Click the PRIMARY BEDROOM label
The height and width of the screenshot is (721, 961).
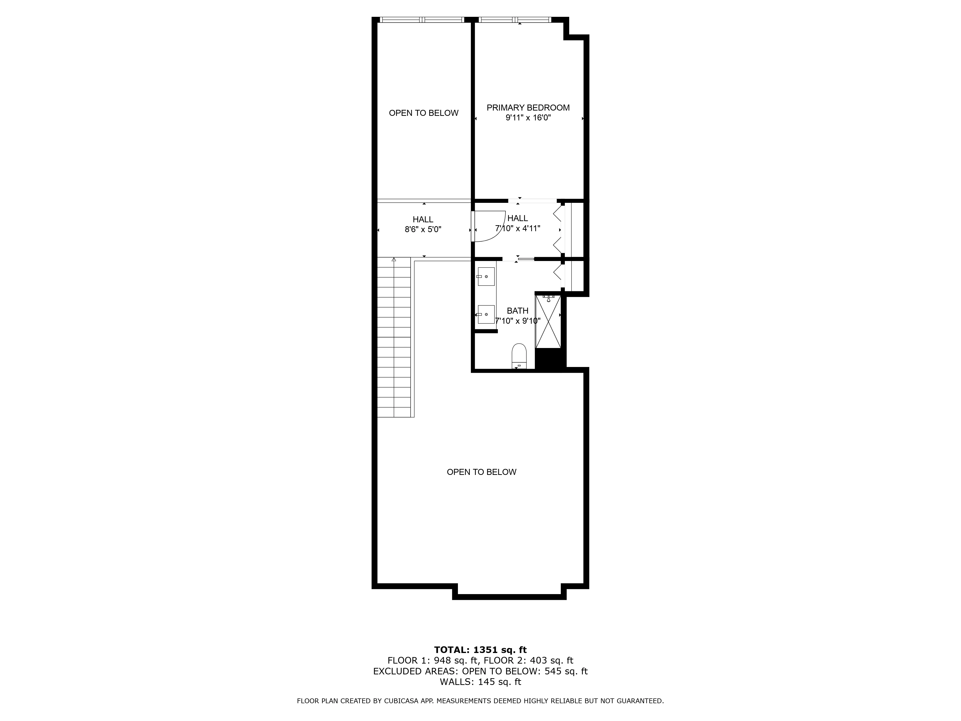pos(528,108)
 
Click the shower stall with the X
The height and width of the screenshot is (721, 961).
pos(548,322)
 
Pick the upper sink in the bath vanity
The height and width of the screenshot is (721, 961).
pos(486,276)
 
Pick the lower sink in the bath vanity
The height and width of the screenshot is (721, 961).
pos(486,314)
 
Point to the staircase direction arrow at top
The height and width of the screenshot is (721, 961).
pos(394,260)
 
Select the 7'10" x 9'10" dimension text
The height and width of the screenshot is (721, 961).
pos(517,321)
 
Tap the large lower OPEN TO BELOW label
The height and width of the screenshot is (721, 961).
pos(481,472)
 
